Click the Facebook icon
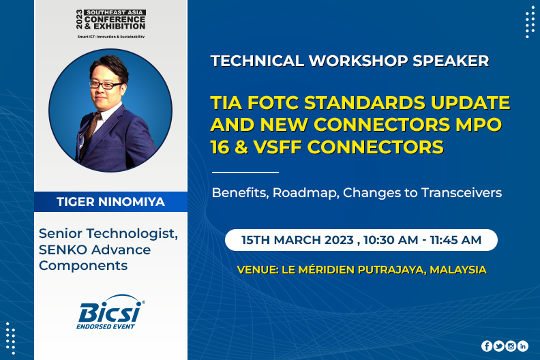(x=487, y=346)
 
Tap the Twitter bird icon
(x=498, y=346)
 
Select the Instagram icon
(x=511, y=346)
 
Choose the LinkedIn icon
(x=523, y=346)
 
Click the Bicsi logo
(x=110, y=312)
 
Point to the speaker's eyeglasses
(x=106, y=85)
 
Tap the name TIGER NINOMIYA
(x=110, y=202)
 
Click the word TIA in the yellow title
(x=226, y=103)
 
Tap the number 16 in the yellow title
(x=220, y=147)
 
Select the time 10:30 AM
(x=391, y=240)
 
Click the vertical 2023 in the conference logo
(x=80, y=19)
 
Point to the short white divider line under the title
(x=245, y=172)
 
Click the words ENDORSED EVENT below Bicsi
(x=106, y=327)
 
